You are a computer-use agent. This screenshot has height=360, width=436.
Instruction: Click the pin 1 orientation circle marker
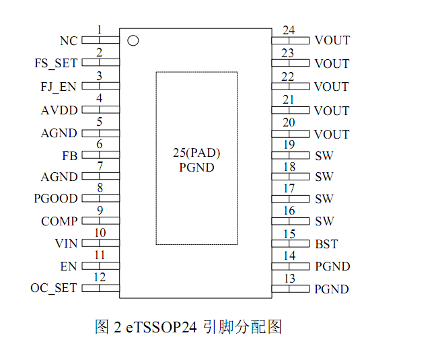click(x=133, y=40)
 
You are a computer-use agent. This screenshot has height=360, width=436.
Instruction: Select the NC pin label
click(x=69, y=41)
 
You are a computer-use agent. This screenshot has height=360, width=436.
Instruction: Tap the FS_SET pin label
click(x=56, y=63)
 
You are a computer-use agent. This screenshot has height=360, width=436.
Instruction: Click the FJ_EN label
click(x=59, y=87)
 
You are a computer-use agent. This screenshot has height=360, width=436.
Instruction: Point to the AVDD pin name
click(x=59, y=110)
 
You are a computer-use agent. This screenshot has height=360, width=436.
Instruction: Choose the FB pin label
click(x=69, y=156)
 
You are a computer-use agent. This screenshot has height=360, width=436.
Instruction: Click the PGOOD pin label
click(x=56, y=199)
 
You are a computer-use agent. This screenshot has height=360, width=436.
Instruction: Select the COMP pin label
click(x=59, y=221)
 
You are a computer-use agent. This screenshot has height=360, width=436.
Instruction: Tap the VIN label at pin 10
click(x=66, y=244)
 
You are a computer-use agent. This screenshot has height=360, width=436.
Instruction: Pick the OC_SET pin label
click(x=54, y=288)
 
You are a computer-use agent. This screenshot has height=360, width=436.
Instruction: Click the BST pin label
click(x=326, y=244)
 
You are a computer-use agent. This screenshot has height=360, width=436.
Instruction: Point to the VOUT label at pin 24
click(x=332, y=40)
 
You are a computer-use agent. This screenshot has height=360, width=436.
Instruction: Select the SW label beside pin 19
click(x=324, y=156)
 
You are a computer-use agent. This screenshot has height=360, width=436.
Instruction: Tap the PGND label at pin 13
click(x=332, y=289)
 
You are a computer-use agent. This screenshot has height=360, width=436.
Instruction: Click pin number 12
click(x=100, y=277)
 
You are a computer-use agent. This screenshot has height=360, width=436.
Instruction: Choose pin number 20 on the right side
click(x=289, y=122)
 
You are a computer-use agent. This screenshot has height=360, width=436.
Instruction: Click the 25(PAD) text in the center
click(x=196, y=153)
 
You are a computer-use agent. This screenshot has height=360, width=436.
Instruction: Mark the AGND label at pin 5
click(x=59, y=133)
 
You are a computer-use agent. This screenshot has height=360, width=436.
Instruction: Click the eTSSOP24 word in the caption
click(x=161, y=328)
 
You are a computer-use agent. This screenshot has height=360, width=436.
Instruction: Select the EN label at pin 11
click(x=69, y=266)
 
